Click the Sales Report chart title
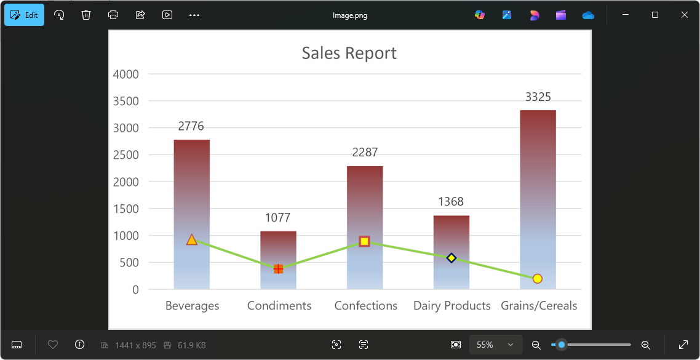point(349,54)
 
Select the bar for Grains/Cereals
point(538,185)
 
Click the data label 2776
point(191,126)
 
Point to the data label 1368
point(451,202)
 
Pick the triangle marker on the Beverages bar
point(191,240)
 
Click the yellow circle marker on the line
point(537,279)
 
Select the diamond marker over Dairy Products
point(451,258)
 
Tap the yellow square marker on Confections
point(364,241)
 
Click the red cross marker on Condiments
point(278,269)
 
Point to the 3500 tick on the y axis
point(126,102)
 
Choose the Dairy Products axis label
point(451,306)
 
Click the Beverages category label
point(192,306)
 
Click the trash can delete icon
point(86,15)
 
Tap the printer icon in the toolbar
point(113,15)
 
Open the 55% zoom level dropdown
point(496,345)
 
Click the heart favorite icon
point(53,345)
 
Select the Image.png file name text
point(349,15)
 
